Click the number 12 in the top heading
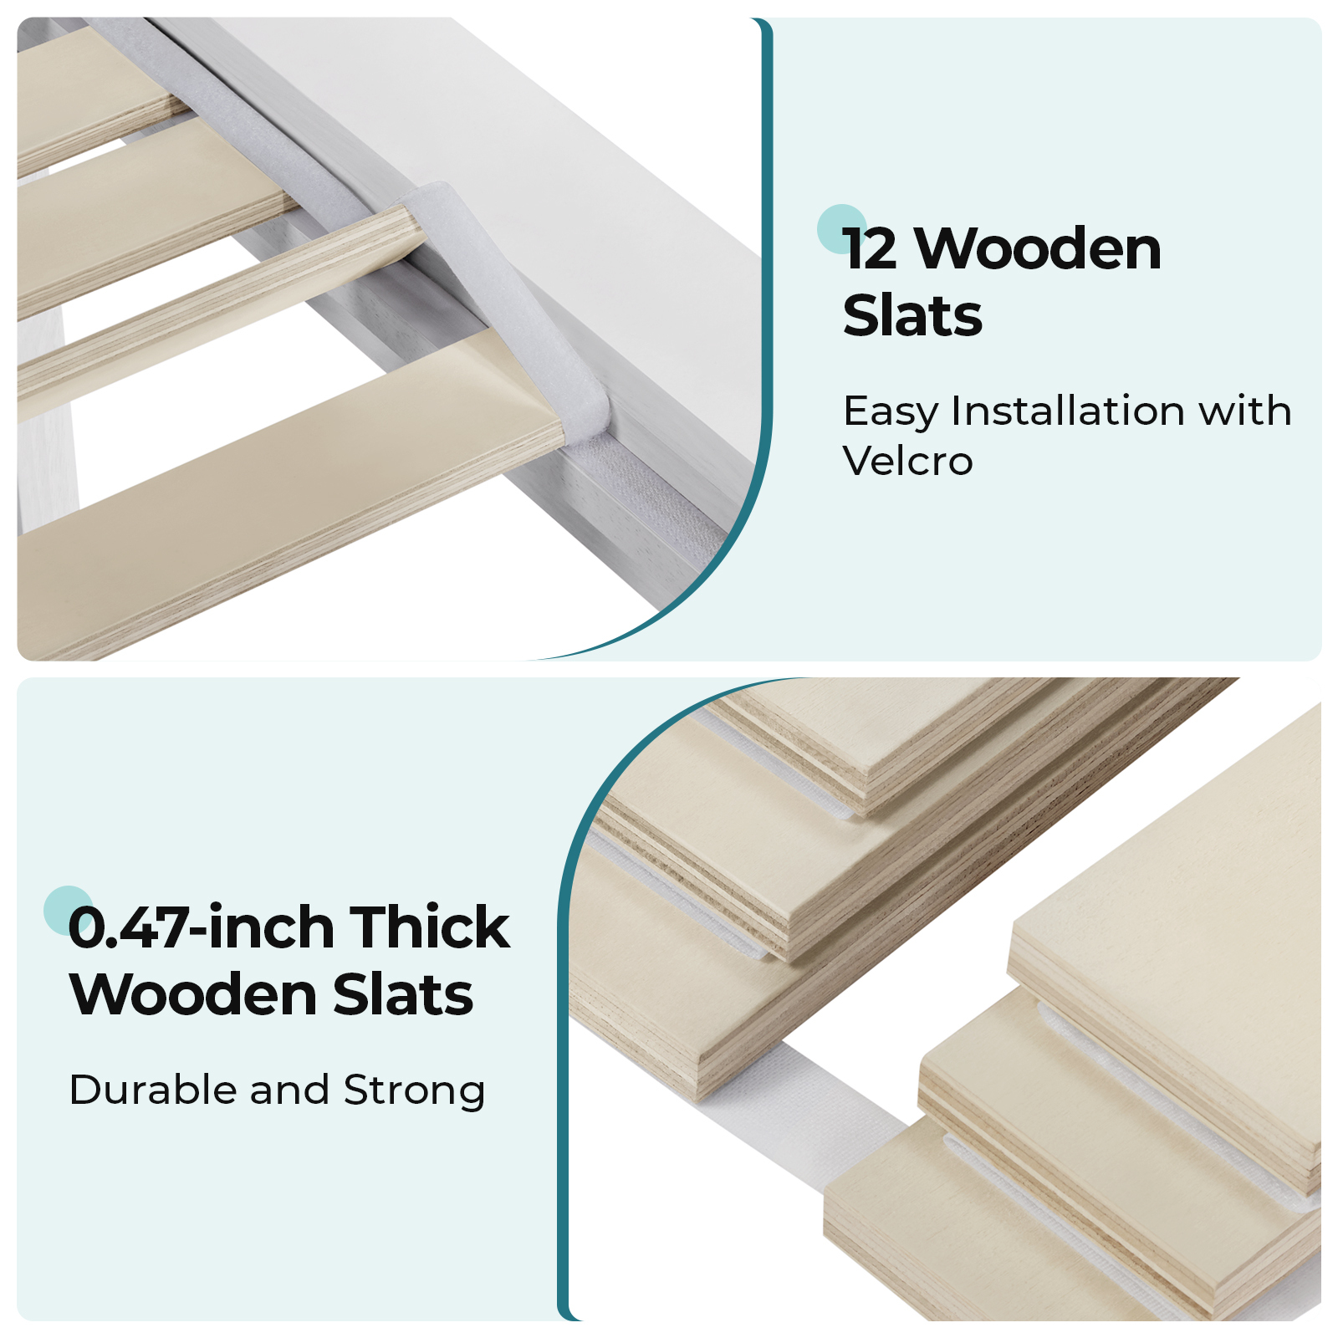click(871, 249)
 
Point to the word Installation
click(1067, 411)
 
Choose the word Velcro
click(908, 461)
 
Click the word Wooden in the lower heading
click(193, 994)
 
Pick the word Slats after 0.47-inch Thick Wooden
click(403, 994)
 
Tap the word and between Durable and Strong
click(289, 1090)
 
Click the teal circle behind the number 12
click(841, 228)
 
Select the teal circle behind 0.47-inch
click(69, 911)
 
